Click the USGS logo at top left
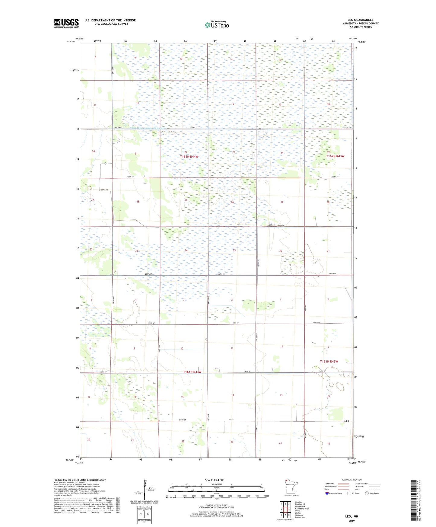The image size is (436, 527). [x=66, y=23]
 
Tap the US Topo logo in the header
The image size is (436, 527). [x=217, y=25]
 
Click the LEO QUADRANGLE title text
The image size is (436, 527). [x=360, y=20]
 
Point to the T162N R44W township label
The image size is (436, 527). [x=189, y=157]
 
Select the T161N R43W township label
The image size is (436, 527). [x=329, y=361]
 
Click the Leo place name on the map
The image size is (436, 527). [x=347, y=421]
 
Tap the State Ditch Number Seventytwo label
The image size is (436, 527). [x=149, y=128]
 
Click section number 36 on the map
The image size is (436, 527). [x=281, y=251]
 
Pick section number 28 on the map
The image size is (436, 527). [x=138, y=201]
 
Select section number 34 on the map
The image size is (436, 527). [x=186, y=250]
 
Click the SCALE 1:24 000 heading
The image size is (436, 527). [x=215, y=480]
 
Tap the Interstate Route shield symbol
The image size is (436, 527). [x=327, y=493]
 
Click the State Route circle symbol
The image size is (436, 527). [x=367, y=493]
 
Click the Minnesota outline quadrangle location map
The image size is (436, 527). [x=291, y=487]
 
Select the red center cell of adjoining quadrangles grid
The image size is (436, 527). [x=285, y=509]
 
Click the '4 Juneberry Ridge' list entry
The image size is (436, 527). [x=302, y=509]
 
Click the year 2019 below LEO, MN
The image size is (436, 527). [x=352, y=521]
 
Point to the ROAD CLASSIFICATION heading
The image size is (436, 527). [x=352, y=480]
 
